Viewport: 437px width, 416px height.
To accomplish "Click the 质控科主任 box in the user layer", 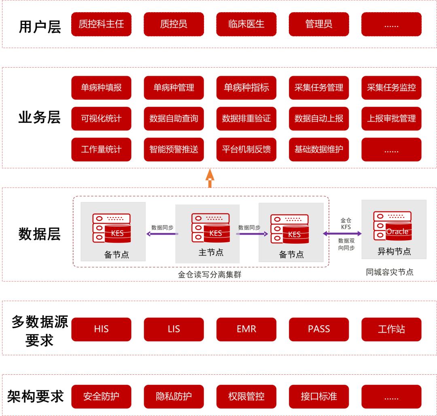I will [101, 24].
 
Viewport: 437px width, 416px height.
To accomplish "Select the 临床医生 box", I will [246, 24].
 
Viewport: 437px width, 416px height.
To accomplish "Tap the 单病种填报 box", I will [101, 87].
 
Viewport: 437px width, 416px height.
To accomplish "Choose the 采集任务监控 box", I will [391, 87].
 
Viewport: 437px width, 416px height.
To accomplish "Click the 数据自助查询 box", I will [174, 119].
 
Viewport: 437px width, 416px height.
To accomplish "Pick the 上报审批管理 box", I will [391, 119].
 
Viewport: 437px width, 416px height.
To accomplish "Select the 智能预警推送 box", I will [174, 149].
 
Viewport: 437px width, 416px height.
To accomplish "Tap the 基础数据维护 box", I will [319, 149].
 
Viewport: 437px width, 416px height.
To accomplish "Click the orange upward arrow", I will [210, 178].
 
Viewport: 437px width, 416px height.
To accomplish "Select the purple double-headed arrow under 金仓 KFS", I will [342, 234].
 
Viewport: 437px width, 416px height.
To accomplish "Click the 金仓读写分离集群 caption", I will [210, 275].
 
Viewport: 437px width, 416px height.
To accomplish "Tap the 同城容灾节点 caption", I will [390, 272].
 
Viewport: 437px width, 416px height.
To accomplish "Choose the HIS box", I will [101, 329].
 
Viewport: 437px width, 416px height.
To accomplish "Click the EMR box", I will [246, 329].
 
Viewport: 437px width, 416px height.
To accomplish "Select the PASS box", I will [319, 329].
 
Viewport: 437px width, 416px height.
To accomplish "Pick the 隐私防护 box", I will [174, 397].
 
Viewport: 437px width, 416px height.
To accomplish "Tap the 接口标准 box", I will [319, 397].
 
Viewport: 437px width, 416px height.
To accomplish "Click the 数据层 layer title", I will [39, 234].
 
